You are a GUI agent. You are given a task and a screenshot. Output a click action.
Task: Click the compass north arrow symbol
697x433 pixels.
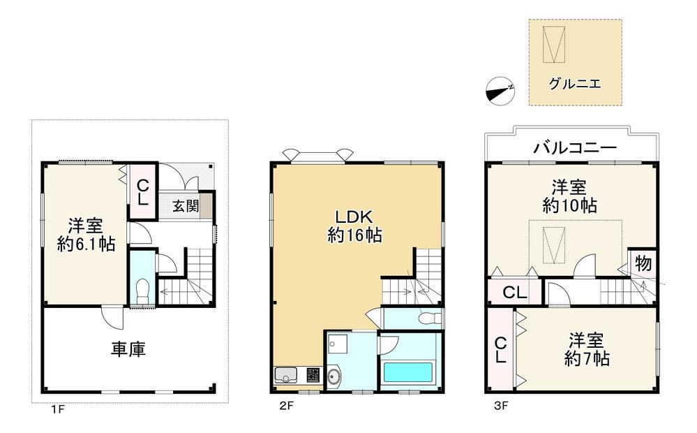pos(500,91)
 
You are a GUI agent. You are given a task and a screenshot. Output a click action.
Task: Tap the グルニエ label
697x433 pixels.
pos(575,83)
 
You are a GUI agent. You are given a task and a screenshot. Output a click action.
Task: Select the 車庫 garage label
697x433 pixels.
pos(128,349)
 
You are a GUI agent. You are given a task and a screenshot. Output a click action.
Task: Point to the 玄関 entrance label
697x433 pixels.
pos(186,206)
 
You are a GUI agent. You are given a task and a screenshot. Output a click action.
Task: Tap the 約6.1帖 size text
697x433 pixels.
pos(86,244)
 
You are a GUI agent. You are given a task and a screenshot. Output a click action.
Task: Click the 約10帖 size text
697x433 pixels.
pos(569,205)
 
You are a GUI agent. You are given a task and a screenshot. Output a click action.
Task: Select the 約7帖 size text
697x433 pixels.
pos(586,358)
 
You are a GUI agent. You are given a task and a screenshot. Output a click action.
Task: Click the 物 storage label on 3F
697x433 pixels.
pos(643,263)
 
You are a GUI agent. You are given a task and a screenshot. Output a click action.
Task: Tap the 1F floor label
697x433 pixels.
pos(57,409)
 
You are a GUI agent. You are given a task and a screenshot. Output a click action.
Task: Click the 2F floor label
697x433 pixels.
pos(287,406)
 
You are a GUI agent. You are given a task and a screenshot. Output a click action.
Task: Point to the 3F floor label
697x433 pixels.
pos(500,406)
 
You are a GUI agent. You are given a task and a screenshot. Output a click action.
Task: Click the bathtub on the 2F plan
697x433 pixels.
pos(408,372)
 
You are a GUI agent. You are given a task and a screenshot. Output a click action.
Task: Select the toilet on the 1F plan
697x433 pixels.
pos(143,290)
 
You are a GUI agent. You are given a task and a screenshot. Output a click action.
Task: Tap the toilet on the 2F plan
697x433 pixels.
pos(429,318)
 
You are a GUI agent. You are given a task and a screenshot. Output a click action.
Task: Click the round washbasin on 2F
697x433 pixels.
pos(333,376)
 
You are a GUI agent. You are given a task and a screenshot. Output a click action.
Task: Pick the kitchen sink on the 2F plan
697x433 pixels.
pos(285,376)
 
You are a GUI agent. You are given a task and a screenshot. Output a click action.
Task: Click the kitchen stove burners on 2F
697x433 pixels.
pos(313,375)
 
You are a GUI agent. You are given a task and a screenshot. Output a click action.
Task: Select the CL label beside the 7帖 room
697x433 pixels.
pos(500,349)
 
